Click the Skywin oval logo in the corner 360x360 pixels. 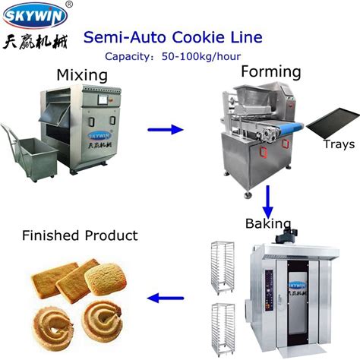pyautogui.click(x=35, y=15)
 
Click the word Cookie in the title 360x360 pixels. pyautogui.click(x=198, y=37)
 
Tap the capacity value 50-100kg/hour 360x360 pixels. pyautogui.click(x=201, y=56)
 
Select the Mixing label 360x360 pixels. pyautogui.click(x=82, y=75)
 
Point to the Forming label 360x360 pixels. pyautogui.click(x=271, y=71)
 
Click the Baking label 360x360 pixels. pyautogui.click(x=268, y=223)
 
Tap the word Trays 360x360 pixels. pyautogui.click(x=339, y=144)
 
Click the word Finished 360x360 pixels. pyautogui.click(x=51, y=235)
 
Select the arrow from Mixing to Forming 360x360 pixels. pyautogui.click(x=166, y=130)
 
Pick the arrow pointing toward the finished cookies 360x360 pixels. pyautogui.click(x=166, y=298)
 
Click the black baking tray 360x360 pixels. pyautogui.click(x=333, y=123)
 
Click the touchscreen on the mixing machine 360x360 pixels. pyautogui.click(x=103, y=100)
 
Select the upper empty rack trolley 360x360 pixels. pyautogui.click(x=223, y=268)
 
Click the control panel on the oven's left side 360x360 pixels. pyautogui.click(x=269, y=290)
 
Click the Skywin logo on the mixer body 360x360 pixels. pyautogui.click(x=99, y=136)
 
